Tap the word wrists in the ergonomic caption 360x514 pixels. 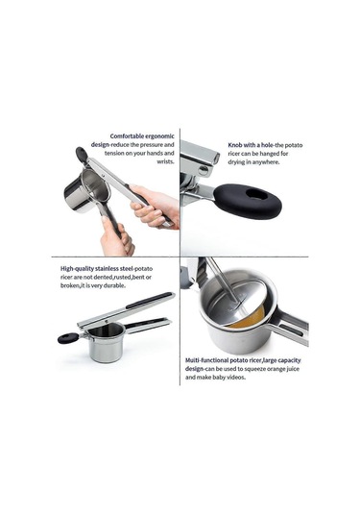pyautogui.click(x=165, y=161)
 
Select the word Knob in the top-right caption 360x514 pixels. pyautogui.click(x=235, y=145)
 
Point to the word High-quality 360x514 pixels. pyautogui.click(x=77, y=269)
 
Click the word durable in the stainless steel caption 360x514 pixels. pyautogui.click(x=115, y=285)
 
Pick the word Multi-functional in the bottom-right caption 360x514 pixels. pyautogui.click(x=206, y=360)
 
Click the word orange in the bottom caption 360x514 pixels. pyautogui.click(x=276, y=369)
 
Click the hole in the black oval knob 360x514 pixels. pyautogui.click(x=256, y=195)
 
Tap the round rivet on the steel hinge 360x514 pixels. pyautogui.click(x=204, y=170)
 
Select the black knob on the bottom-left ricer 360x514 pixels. pyautogui.click(x=68, y=337)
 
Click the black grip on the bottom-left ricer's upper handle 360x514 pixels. pyautogui.click(x=149, y=301)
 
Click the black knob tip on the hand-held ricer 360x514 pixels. pyautogui.click(x=82, y=154)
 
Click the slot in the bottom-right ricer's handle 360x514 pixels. pyautogui.click(x=292, y=330)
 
